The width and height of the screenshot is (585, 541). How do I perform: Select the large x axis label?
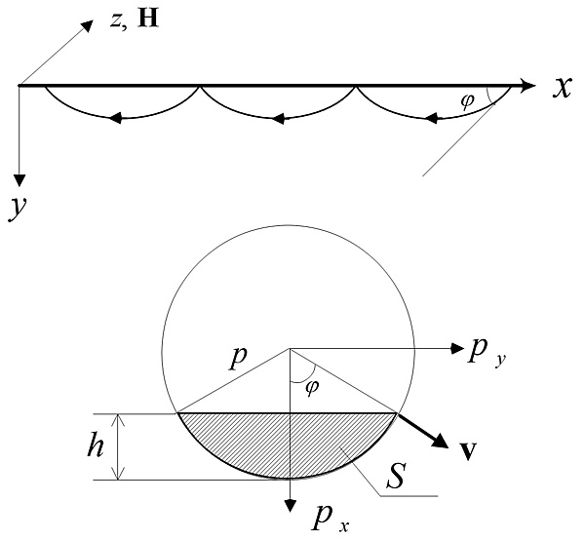tap(562, 88)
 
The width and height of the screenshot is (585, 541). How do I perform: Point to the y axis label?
tap(18, 209)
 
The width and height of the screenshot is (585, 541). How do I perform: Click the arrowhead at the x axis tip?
tap(528, 86)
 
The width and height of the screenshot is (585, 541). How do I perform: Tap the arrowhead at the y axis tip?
tap(19, 180)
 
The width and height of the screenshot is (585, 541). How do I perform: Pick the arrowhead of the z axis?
tap(87, 25)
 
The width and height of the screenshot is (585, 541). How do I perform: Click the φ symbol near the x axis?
tap(468, 100)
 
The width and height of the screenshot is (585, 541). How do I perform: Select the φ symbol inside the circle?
tap(312, 388)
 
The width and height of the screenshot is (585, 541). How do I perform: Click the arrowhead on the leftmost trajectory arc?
tap(115, 118)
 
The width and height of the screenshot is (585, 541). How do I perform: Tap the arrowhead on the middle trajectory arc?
tap(278, 119)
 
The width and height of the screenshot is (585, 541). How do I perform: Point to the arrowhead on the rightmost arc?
tap(432, 118)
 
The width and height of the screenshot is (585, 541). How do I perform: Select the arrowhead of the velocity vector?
tap(441, 441)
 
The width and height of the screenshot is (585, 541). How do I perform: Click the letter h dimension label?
tap(95, 444)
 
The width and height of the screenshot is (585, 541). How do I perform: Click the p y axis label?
tap(487, 353)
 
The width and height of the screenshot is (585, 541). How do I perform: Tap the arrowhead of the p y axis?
tap(457, 348)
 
